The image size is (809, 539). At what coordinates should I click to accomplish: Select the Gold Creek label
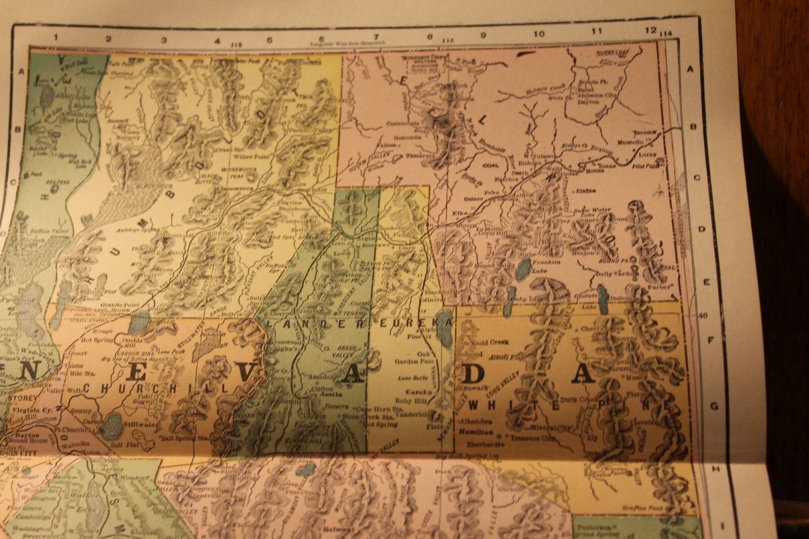488,342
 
